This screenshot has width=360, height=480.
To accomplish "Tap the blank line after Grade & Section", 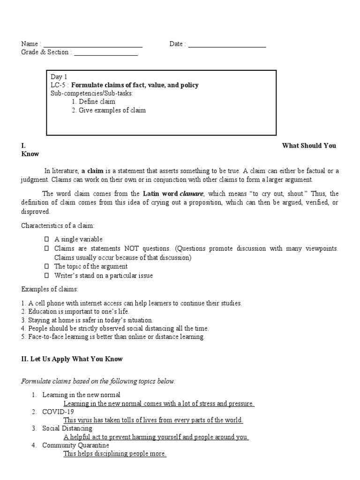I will (105, 53).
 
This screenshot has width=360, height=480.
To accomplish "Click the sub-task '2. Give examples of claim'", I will (108, 110).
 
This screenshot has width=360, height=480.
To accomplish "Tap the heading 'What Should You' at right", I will (309, 146).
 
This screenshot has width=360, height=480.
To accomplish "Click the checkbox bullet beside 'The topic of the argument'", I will (46, 267).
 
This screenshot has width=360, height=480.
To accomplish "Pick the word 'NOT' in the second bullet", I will (132, 248).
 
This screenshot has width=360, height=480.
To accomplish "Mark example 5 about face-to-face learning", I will (113, 337).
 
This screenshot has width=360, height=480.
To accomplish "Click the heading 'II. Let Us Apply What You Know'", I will (72, 360).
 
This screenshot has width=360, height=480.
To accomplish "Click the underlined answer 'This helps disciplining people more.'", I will (115, 454).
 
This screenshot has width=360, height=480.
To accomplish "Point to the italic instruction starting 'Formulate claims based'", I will (98, 382).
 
